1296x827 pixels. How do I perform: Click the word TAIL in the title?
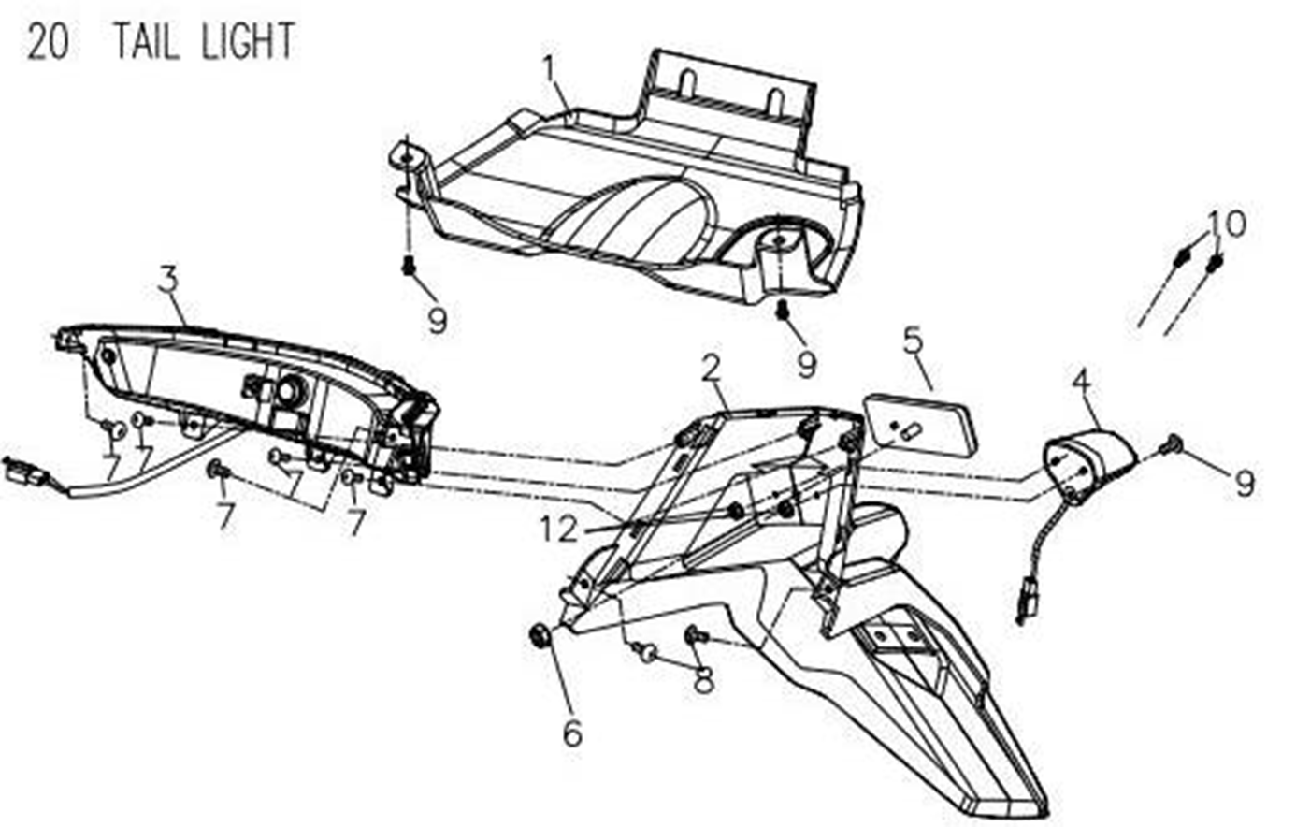pyautogui.click(x=147, y=41)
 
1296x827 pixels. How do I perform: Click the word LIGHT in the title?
pyautogui.click(x=249, y=41)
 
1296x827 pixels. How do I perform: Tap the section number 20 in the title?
pyautogui.click(x=48, y=42)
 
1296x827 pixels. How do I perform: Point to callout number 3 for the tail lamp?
pyautogui.click(x=169, y=280)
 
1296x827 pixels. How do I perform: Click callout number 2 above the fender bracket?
pyautogui.click(x=711, y=368)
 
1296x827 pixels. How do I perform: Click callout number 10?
pyautogui.click(x=1226, y=224)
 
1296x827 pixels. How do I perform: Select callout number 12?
pyautogui.click(x=559, y=529)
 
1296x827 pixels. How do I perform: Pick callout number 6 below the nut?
pyautogui.click(x=572, y=733)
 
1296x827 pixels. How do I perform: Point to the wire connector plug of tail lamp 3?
pyautogui.click(x=23, y=470)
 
